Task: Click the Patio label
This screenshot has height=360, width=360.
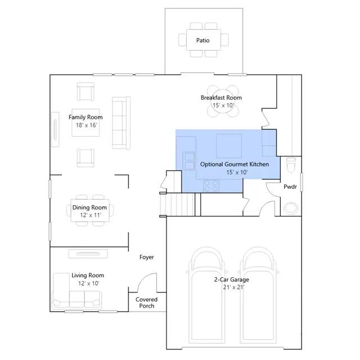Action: click(202, 40)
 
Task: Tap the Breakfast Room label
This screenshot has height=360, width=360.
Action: click(221, 97)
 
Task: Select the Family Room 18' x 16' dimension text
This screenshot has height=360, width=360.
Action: click(86, 125)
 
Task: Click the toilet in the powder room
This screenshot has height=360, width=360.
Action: click(291, 164)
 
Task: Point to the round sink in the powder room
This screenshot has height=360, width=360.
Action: click(291, 208)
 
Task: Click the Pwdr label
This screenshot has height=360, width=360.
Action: click(290, 187)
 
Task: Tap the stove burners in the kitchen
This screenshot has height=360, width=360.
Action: click(211, 186)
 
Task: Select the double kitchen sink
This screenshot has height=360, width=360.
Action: click(190, 161)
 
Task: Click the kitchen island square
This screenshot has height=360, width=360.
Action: click(229, 146)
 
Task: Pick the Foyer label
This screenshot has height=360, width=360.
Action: click(146, 257)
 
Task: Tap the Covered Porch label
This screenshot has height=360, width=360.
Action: click(146, 303)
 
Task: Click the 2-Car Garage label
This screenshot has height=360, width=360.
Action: click(231, 280)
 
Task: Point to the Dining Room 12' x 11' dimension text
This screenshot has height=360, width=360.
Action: click(91, 215)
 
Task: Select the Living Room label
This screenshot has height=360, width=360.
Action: click(88, 275)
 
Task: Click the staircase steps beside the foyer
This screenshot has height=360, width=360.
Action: click(177, 204)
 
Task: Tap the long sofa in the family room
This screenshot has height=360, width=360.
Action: click(121, 123)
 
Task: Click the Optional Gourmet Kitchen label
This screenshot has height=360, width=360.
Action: click(235, 164)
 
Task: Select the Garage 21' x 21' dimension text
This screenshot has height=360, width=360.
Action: click(234, 287)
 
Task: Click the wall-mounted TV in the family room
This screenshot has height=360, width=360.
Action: click(55, 129)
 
